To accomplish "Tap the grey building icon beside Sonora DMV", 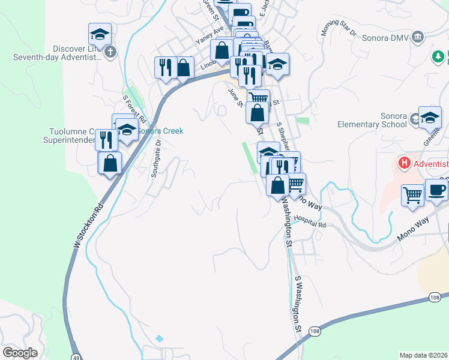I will tap(418, 37).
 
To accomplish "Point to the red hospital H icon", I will tap(405, 163).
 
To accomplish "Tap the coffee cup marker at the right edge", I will tap(436, 191).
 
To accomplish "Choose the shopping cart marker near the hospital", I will tap(412, 195).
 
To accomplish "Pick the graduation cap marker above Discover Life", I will tap(100, 34).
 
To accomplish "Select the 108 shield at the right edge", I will tap(436, 298).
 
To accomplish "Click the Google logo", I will tap(20, 353).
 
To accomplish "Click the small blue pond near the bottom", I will tap(159, 338).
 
